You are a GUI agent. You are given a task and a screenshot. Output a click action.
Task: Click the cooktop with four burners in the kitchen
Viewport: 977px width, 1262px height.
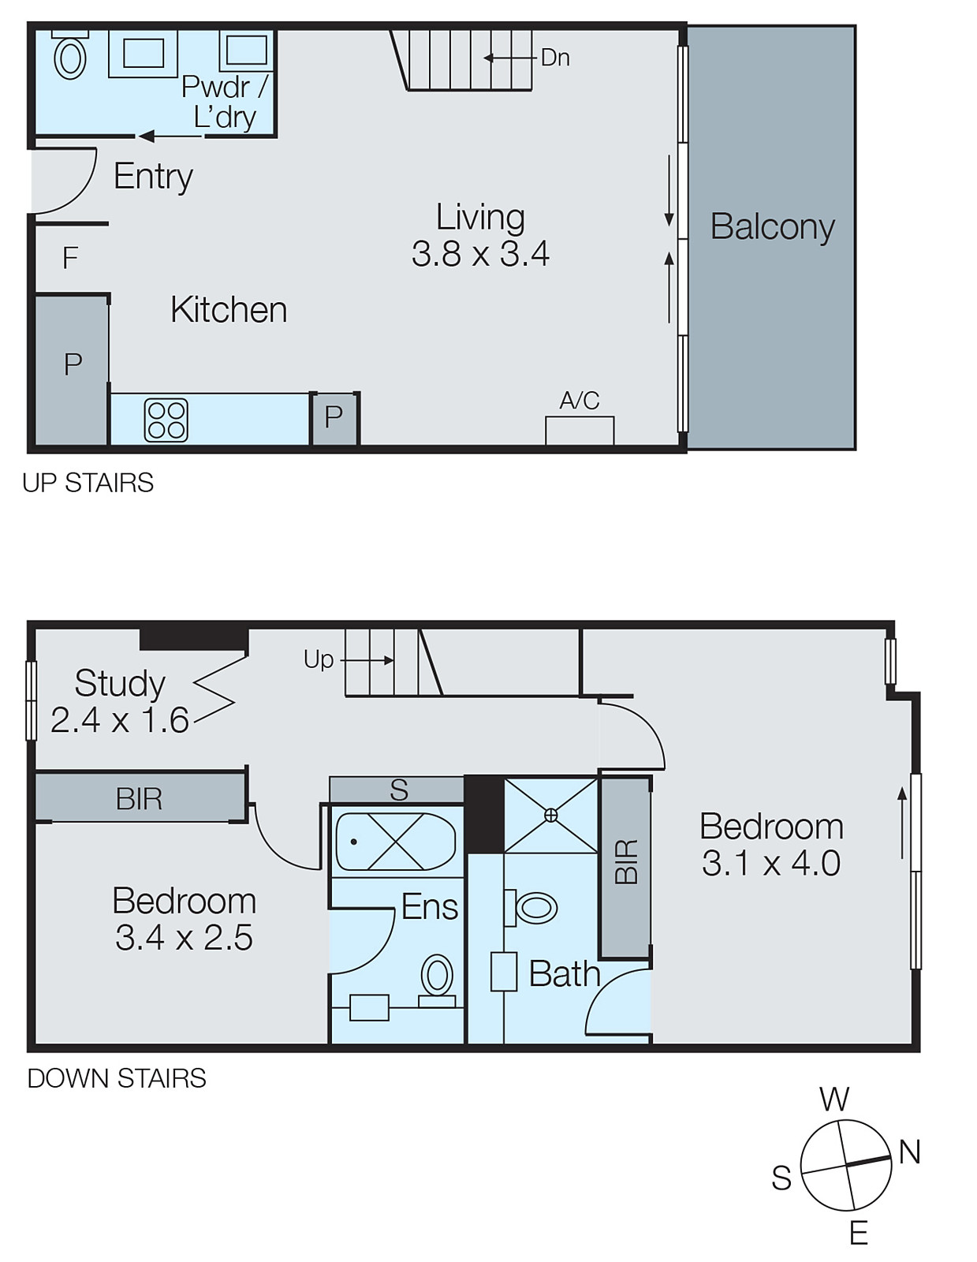point(166,420)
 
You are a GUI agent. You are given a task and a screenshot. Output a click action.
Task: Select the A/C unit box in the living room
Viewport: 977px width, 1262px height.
point(580,431)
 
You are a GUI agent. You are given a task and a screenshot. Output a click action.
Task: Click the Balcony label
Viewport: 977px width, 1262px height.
point(772,227)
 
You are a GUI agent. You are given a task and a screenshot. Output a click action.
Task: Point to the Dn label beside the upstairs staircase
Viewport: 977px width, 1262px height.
point(555,58)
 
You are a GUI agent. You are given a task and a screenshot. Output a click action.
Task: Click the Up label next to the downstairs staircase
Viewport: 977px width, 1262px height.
point(319,659)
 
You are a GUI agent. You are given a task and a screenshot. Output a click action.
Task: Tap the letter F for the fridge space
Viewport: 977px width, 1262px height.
point(70,258)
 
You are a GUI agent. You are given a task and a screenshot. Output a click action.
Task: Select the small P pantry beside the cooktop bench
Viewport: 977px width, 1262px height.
point(334,417)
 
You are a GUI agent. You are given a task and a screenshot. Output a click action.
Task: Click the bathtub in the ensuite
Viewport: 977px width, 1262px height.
point(396,842)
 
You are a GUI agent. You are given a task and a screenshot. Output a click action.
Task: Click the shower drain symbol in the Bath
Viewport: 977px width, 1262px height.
point(550,816)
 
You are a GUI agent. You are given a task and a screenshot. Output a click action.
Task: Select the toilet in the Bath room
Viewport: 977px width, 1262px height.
point(534,907)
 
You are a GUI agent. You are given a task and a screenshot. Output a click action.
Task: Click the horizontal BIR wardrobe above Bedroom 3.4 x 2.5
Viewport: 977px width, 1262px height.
point(140,798)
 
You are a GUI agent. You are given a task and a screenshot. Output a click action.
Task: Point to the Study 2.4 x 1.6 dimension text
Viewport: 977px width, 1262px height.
point(120,720)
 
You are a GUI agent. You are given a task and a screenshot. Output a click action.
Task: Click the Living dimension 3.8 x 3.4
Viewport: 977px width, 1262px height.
point(480,254)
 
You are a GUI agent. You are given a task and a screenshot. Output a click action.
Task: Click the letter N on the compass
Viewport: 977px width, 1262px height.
point(909,1152)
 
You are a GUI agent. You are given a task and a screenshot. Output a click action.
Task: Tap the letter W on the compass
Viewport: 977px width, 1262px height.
point(834,1099)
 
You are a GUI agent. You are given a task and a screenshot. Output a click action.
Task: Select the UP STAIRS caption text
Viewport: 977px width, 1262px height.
point(88,483)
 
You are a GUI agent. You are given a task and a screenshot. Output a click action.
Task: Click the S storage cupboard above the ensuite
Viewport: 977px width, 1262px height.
point(399,790)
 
